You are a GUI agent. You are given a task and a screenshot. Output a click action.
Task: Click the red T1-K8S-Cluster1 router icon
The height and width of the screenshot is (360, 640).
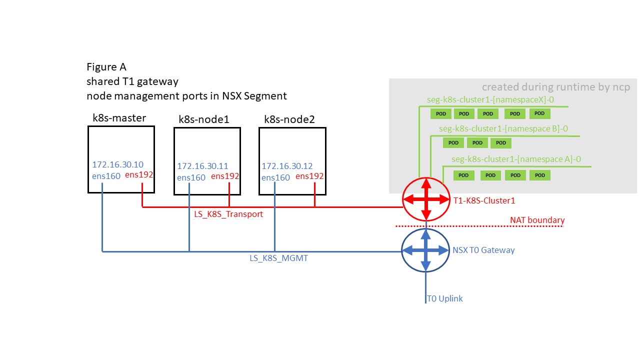[x=426, y=199]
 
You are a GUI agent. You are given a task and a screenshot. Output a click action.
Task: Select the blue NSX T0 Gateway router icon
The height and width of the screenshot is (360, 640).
[x=425, y=250]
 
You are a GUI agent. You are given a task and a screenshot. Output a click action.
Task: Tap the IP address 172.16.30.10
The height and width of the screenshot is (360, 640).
[x=117, y=164]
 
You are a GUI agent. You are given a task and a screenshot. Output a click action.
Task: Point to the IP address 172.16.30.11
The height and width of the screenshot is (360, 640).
[x=202, y=166]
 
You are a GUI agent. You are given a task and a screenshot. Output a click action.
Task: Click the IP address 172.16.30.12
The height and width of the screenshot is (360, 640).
[x=287, y=166]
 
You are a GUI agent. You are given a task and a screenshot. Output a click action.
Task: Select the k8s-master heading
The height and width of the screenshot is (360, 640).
[x=119, y=117]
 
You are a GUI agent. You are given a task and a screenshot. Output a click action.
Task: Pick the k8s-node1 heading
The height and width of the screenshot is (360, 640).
[x=204, y=119]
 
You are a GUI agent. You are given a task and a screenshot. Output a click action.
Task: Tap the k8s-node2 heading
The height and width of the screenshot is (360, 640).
[x=289, y=119]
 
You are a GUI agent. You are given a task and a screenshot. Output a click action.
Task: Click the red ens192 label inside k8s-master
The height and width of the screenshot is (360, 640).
[x=139, y=174]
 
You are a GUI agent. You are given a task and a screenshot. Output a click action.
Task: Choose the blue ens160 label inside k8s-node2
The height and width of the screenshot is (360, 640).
[x=275, y=177]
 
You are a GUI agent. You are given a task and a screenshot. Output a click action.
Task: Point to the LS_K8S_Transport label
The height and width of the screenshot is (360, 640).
[x=228, y=214]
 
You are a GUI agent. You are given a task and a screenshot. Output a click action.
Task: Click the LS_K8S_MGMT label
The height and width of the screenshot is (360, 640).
[x=278, y=258]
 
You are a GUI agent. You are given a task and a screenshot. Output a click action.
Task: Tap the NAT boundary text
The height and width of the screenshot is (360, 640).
[x=537, y=220]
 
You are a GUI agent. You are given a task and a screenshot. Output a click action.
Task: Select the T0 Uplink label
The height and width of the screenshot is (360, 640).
[x=444, y=298]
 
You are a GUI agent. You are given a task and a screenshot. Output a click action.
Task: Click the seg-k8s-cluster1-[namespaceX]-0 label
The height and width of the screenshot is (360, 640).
[x=490, y=99]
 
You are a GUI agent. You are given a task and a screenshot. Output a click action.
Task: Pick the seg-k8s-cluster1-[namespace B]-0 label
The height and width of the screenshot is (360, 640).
[x=503, y=129]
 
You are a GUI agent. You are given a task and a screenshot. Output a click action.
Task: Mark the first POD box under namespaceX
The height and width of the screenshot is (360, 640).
[x=441, y=113]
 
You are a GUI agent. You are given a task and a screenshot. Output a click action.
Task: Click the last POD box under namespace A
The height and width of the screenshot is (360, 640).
[x=539, y=175]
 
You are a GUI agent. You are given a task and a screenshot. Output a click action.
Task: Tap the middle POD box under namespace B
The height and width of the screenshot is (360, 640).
[x=477, y=143]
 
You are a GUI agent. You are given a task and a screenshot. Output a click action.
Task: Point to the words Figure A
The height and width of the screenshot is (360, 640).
[x=106, y=67]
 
